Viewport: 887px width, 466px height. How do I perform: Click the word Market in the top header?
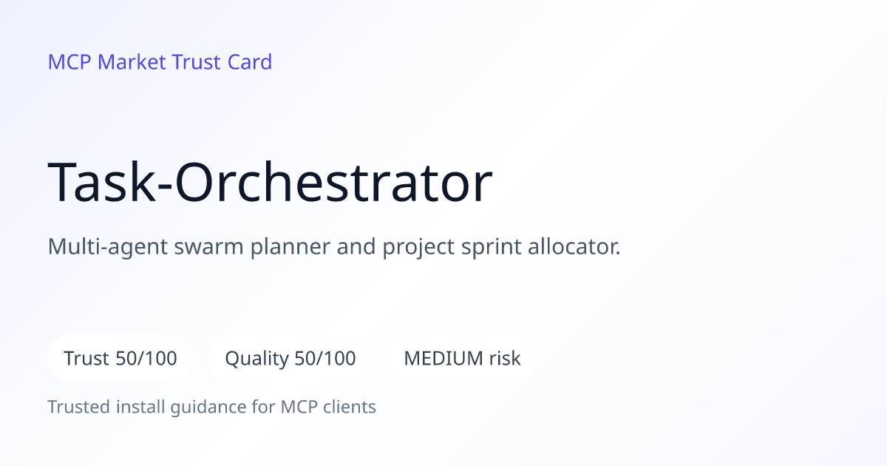[x=132, y=62]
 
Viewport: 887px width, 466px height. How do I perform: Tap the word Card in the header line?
[x=250, y=62]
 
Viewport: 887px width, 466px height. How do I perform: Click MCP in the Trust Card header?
[x=69, y=62]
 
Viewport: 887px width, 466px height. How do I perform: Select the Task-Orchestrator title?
[x=270, y=182]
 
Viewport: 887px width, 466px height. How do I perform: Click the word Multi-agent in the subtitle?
[x=108, y=247]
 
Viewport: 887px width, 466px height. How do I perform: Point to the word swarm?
[x=208, y=247]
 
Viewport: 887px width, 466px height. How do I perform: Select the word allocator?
[x=574, y=246]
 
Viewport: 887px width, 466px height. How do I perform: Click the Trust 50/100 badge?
[x=120, y=358]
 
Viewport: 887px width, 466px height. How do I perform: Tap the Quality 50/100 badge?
[x=290, y=358]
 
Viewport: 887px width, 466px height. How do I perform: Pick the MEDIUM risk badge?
[x=462, y=358]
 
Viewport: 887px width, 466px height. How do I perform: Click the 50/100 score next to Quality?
[x=325, y=358]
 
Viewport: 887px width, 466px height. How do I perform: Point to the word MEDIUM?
[x=443, y=358]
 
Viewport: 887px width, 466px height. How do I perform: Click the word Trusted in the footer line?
[x=79, y=407]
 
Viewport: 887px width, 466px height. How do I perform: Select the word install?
[x=140, y=407]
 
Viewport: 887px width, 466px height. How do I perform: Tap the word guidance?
[x=208, y=408]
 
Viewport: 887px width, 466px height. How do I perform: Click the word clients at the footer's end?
[x=350, y=407]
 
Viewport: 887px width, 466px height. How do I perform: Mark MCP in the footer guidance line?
[x=299, y=407]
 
